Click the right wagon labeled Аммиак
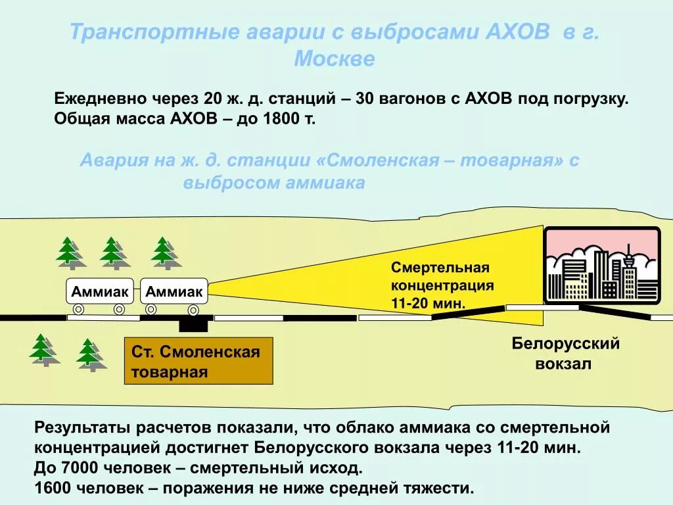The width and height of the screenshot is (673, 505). point(174,291)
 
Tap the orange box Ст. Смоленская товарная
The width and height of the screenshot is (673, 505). point(198,361)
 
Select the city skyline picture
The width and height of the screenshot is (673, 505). point(602,266)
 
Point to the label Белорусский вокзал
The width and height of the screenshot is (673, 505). point(566,353)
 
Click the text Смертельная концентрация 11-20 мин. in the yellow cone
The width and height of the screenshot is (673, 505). point(442,285)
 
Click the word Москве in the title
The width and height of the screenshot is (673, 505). point(335,59)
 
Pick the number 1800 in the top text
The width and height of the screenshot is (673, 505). point(279,120)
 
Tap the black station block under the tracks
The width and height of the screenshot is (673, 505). point(193,324)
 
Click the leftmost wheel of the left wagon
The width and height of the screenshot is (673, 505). point(78,309)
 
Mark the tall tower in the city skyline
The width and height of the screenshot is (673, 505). point(628,270)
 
